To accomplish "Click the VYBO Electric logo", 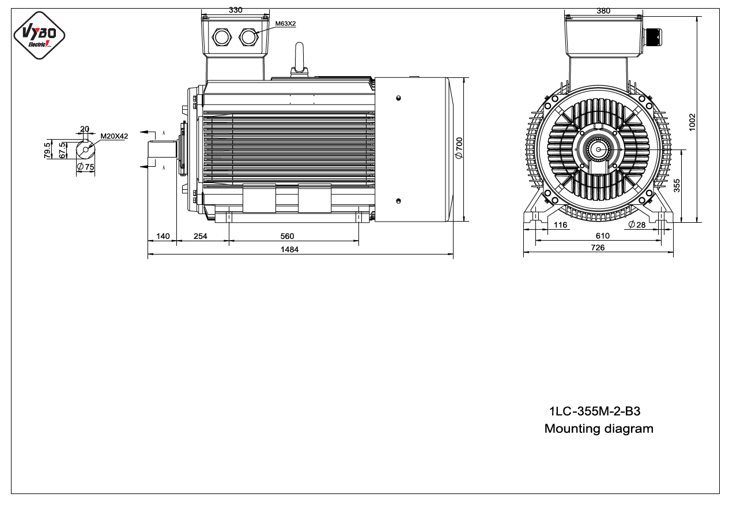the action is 39,35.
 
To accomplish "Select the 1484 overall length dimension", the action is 289,249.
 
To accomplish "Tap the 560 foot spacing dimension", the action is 287,236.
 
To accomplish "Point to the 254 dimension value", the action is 200,236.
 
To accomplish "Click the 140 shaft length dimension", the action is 163,236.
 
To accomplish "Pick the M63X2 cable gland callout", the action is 285,24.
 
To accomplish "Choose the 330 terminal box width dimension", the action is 235,10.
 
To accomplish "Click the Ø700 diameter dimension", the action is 459,148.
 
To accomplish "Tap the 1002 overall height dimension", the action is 692,122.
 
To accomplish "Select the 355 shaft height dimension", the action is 677,185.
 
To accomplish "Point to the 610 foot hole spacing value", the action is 602,235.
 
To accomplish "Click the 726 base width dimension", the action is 598,248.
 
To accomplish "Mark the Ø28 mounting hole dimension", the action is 637,225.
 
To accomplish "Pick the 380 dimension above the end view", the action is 603,11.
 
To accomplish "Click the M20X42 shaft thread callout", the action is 114,136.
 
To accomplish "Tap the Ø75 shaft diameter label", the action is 86,167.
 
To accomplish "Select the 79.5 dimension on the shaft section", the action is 47,150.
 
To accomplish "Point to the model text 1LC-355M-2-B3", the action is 595,411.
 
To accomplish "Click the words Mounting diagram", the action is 599,429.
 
